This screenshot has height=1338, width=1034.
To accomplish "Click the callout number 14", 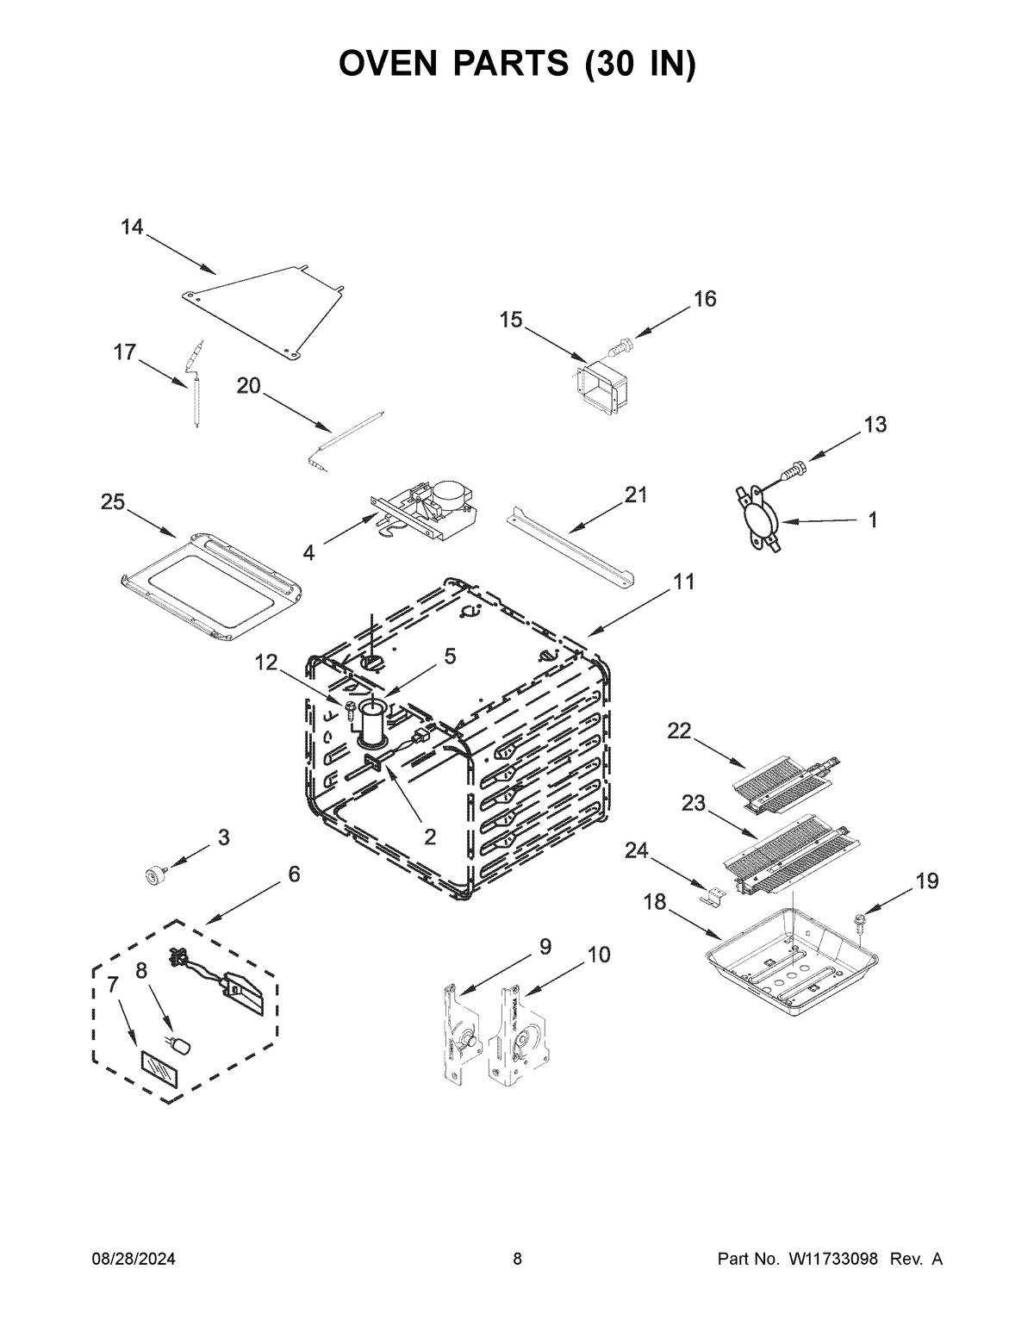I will (132, 227).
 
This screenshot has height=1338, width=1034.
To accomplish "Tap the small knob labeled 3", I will (156, 876).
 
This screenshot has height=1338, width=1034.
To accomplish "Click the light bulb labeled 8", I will (182, 1046).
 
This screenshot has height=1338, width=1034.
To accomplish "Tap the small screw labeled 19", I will (860, 920).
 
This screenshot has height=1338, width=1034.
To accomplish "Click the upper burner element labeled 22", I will (780, 781).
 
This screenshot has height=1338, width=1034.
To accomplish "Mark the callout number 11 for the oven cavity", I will (683, 582).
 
